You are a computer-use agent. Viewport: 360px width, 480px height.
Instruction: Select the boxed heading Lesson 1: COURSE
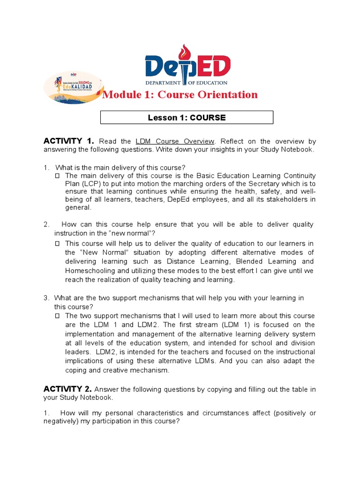pyautogui.click(x=187, y=118)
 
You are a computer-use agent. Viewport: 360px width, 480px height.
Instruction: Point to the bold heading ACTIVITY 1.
pyautogui.click(x=69, y=141)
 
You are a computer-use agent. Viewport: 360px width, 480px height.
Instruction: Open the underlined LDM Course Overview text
pyautogui.click(x=175, y=141)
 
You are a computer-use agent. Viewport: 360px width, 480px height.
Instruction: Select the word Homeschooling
pyautogui.click(x=90, y=270)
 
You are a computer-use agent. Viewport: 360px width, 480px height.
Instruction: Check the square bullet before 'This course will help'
pyautogui.click(x=57, y=243)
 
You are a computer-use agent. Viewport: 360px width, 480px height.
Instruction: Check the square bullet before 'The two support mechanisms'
pyautogui.click(x=57, y=316)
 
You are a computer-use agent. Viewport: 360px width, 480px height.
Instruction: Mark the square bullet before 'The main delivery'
pyautogui.click(x=57, y=175)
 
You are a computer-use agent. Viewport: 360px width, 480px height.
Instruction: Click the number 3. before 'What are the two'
pyautogui.click(x=46, y=298)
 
